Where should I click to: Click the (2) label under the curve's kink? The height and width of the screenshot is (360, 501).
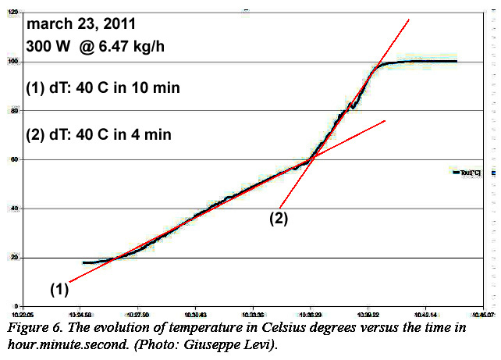[279, 219]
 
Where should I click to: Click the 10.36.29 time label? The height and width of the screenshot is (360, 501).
[311, 310]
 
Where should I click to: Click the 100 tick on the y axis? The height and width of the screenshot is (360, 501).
[10, 62]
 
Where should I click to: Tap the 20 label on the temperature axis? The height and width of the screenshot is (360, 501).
[12, 258]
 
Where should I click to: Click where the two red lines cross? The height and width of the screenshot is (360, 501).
[311, 159]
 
